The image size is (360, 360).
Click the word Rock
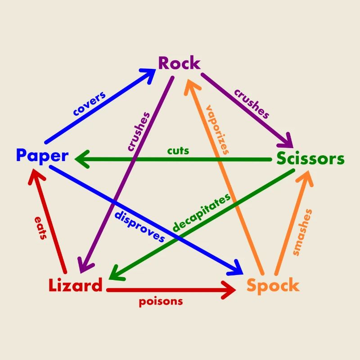pyautogui.click(x=179, y=63)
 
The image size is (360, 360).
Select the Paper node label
pyautogui.click(x=42, y=156)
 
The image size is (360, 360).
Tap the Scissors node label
pyautogui.click(x=310, y=159)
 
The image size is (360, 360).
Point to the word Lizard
pyautogui.click(x=75, y=285)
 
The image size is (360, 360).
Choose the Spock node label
pyautogui.click(x=273, y=285)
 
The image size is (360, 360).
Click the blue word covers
pyautogui.click(x=89, y=104)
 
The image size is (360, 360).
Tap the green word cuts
pyautogui.click(x=178, y=150)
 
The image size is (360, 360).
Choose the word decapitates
pyautogui.click(x=202, y=212)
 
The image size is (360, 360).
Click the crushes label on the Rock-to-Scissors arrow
pyautogui.click(x=251, y=104)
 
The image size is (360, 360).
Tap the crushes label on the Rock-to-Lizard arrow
pyautogui.click(x=138, y=130)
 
